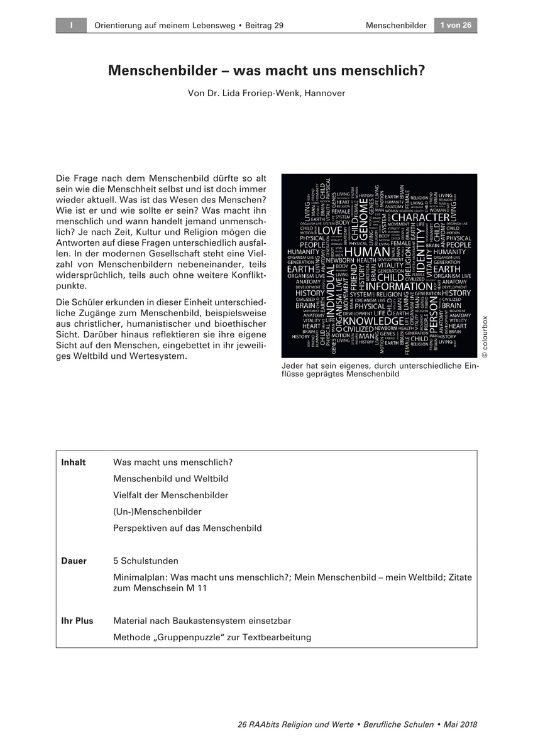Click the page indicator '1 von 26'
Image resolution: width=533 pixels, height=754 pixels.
point(455,25)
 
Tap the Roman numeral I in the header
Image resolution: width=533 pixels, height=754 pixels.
point(72,25)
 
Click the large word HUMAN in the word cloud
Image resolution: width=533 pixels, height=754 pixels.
point(368,252)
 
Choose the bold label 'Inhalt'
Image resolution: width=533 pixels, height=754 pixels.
point(74,462)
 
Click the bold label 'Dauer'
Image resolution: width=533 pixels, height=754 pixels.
point(74,560)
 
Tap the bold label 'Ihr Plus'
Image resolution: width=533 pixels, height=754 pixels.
point(77,621)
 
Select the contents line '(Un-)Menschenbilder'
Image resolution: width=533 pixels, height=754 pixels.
point(157,511)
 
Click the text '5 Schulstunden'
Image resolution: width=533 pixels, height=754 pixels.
point(146,560)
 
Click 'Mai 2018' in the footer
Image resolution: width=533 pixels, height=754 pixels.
point(460,724)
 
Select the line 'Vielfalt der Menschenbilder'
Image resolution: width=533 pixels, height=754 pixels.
point(171,495)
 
